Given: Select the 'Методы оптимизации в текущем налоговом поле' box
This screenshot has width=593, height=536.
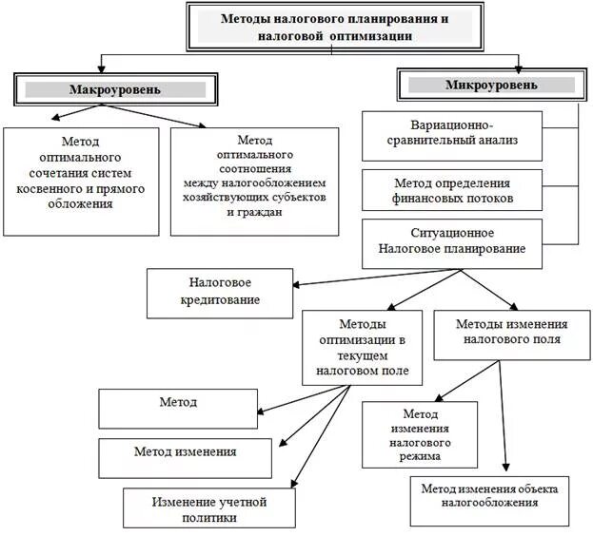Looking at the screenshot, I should pos(364,346).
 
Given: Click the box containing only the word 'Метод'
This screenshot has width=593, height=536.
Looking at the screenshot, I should pos(179,404).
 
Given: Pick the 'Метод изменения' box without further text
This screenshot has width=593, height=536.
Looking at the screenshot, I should pos(185,452).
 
